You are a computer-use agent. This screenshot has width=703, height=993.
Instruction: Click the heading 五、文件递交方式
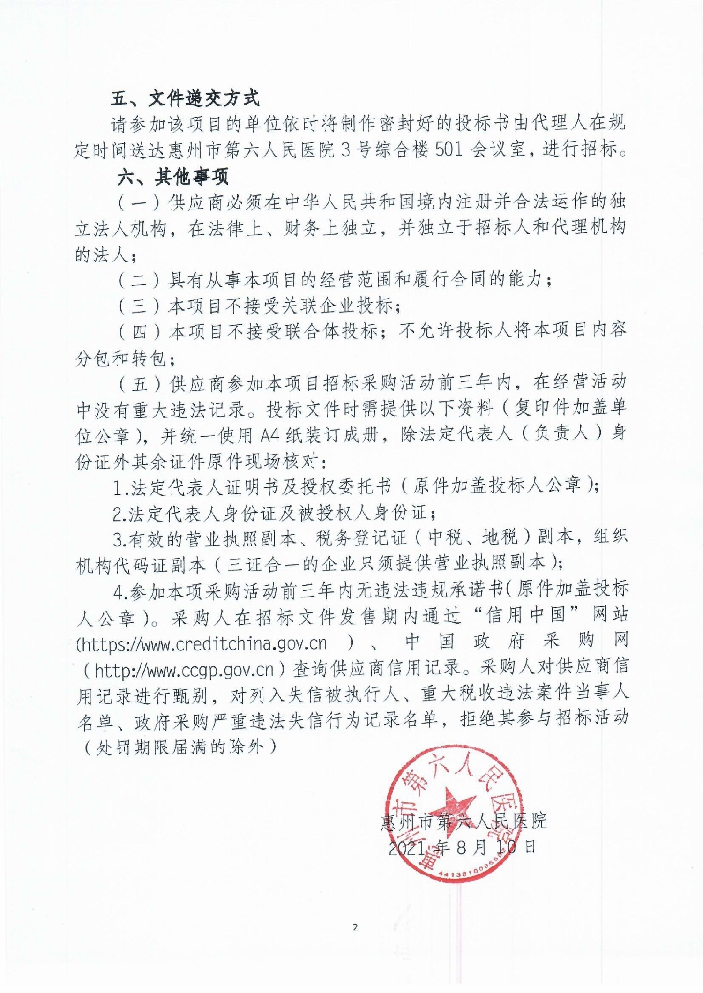point(185,98)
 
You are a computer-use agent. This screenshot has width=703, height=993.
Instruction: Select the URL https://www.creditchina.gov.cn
point(202,643)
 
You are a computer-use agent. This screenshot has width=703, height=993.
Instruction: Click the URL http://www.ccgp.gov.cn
point(184,671)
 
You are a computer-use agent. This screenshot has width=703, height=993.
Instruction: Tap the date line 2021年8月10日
point(462,847)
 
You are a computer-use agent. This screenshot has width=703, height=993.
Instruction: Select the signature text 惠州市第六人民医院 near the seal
point(464,821)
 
